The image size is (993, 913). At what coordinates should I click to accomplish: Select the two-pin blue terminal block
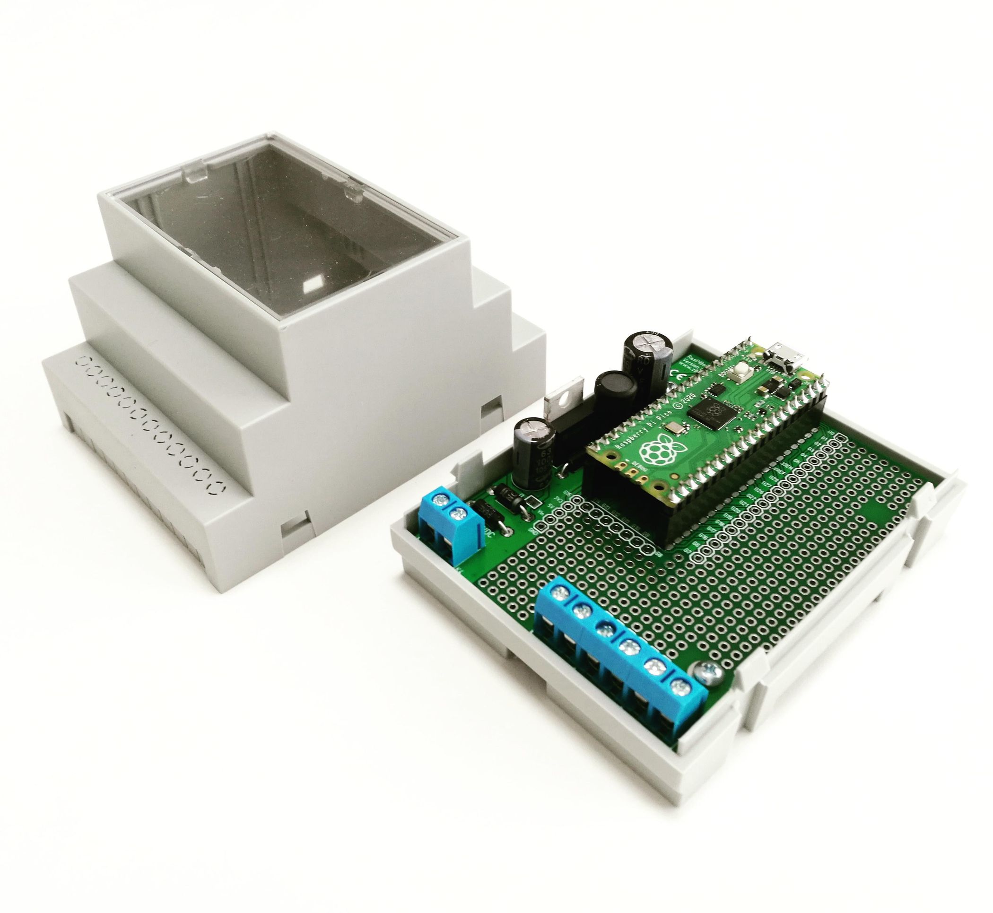[x=451, y=524]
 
